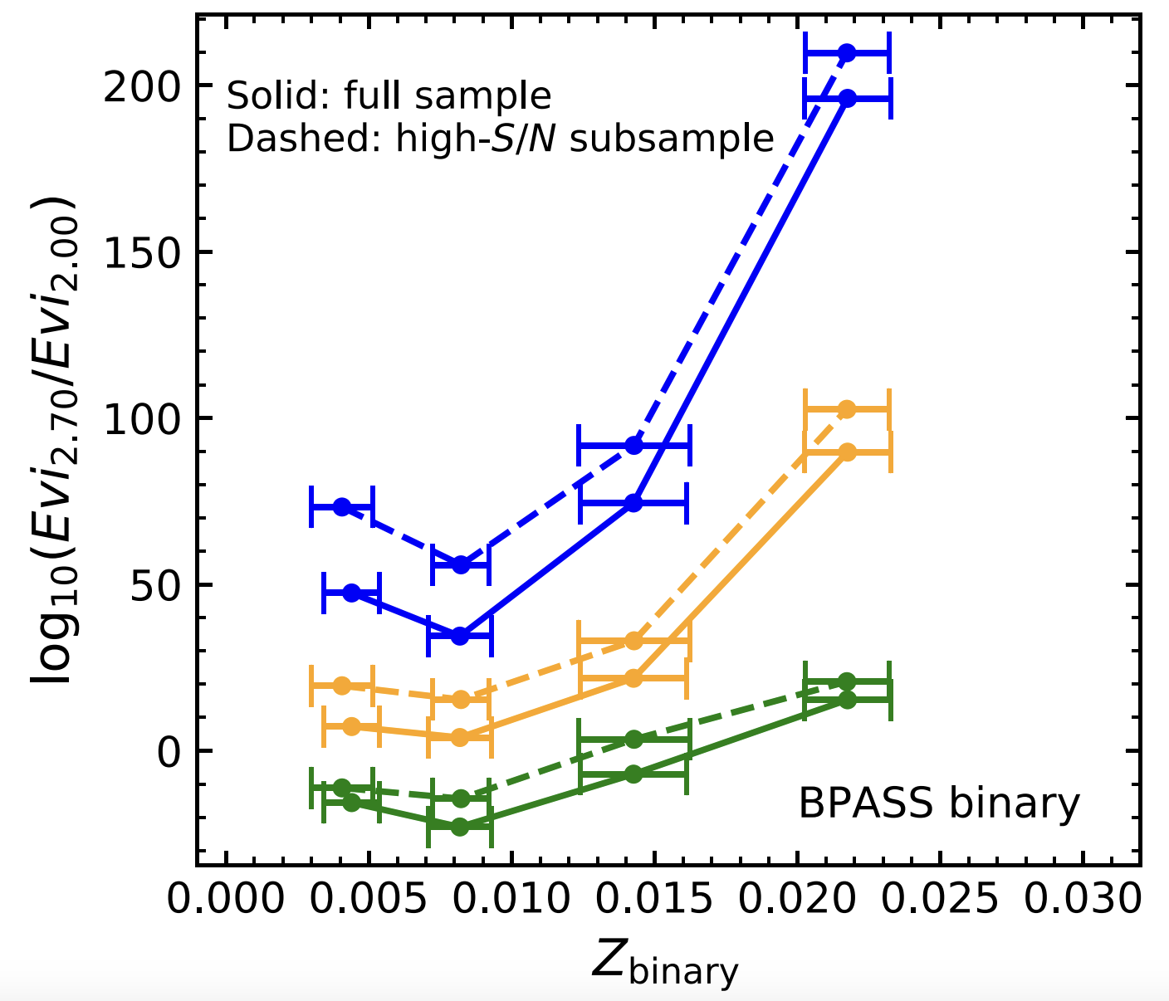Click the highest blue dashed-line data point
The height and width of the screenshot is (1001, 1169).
pos(847,53)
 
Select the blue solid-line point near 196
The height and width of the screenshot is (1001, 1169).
pos(847,98)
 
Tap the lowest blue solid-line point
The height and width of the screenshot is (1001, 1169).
pos(460,636)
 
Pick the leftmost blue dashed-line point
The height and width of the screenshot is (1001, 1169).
pos(342,506)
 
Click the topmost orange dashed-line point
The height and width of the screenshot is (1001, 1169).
pos(847,409)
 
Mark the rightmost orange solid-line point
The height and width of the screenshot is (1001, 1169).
pos(847,452)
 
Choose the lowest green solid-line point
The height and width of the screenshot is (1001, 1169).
pos(460,827)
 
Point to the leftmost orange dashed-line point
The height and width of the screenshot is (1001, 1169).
pos(342,685)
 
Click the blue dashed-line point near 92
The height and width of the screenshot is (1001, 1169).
pos(634,445)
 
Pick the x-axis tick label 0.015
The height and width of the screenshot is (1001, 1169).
pos(653,899)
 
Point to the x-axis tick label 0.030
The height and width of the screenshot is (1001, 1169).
pos(1082,899)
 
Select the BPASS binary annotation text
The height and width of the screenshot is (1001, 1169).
pos(939,803)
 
